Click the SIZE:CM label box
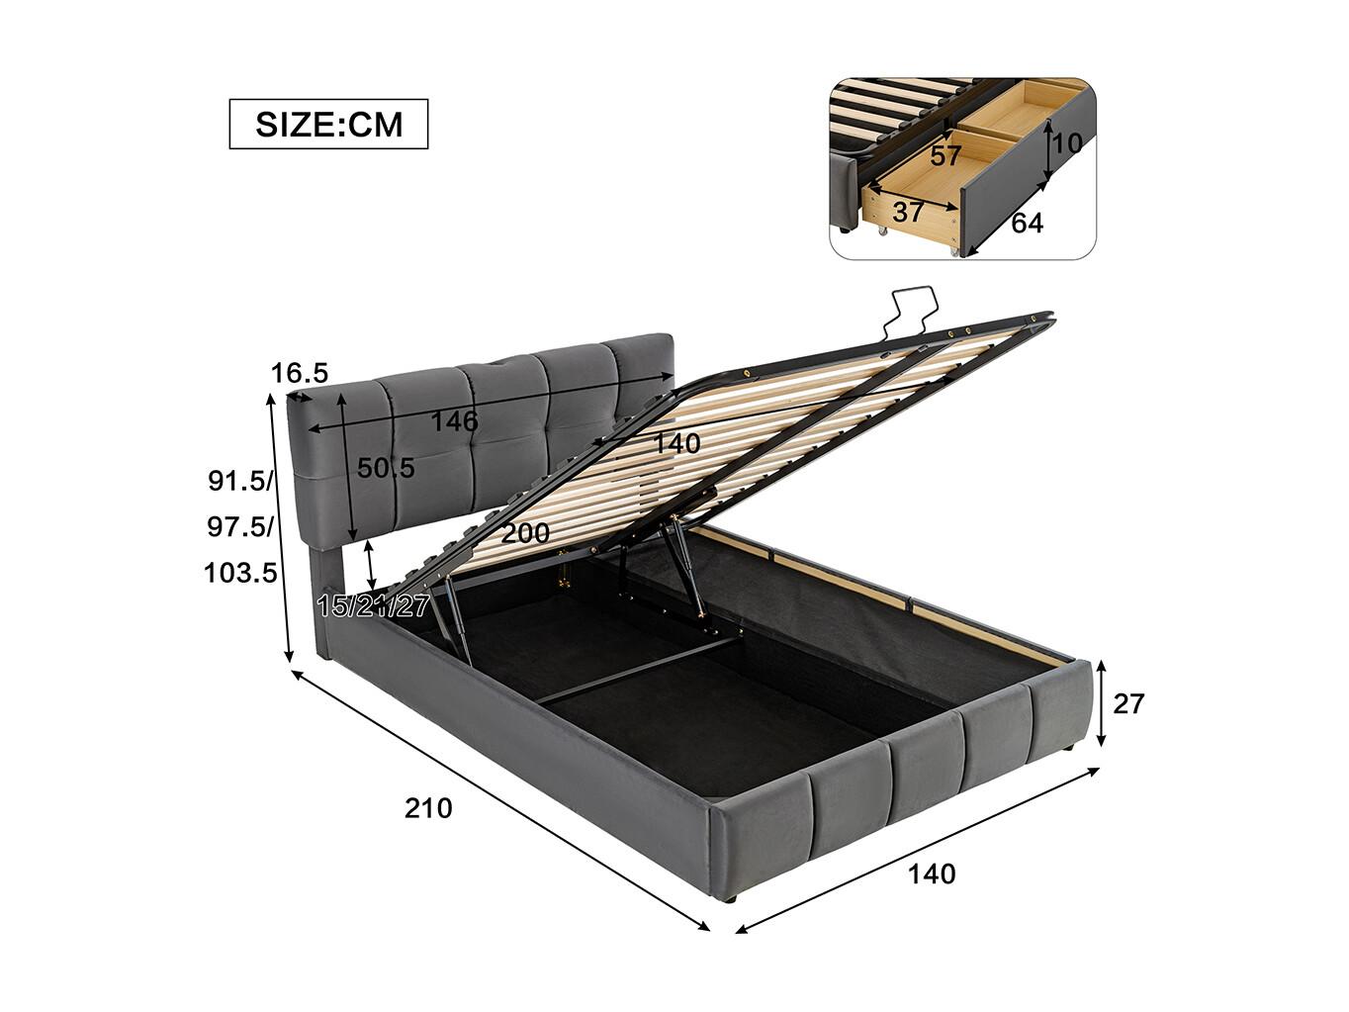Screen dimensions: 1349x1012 click(x=328, y=124)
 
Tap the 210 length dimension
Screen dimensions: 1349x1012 click(x=428, y=808)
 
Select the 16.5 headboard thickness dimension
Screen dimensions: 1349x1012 click(x=300, y=373)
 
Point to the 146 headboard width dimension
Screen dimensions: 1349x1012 click(x=454, y=420)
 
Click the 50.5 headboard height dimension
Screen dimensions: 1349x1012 click(x=386, y=468)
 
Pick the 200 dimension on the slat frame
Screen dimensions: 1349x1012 click(x=525, y=533)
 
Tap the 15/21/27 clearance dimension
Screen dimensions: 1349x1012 click(x=373, y=606)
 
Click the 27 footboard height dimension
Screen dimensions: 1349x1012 click(x=1128, y=704)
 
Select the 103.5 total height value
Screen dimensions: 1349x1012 click(x=241, y=574)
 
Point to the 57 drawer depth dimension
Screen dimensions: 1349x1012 click(x=944, y=156)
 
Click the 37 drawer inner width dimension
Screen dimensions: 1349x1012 click(x=908, y=212)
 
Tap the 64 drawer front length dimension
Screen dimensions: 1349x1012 click(x=1027, y=223)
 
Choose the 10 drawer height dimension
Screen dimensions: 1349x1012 click(x=1067, y=143)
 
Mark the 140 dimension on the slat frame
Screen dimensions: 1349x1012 click(x=675, y=443)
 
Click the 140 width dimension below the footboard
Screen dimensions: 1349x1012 click(x=932, y=874)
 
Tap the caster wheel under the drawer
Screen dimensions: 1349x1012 click(x=882, y=232)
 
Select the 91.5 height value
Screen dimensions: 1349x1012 click(x=239, y=481)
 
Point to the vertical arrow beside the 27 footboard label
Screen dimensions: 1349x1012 click(x=1102, y=702)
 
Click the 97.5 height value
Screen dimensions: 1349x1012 click(x=239, y=527)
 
